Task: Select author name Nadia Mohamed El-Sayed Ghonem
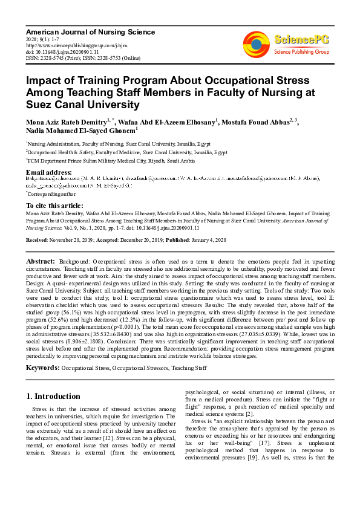coord(80,131)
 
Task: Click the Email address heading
coord(49,172)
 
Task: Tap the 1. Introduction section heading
coord(53,397)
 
